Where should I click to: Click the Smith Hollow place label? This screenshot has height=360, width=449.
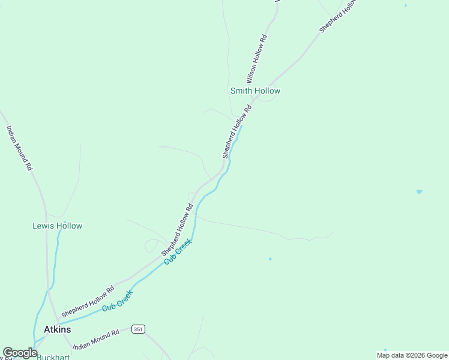click(x=255, y=91)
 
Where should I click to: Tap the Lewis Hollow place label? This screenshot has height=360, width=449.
click(x=57, y=226)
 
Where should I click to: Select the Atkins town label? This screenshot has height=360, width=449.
click(x=58, y=329)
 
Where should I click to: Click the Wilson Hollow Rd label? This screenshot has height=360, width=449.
click(x=256, y=59)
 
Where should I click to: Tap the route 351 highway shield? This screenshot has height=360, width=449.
click(x=139, y=329)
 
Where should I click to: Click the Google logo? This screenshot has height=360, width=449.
click(x=20, y=353)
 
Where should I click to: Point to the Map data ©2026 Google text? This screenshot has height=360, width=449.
click(x=411, y=355)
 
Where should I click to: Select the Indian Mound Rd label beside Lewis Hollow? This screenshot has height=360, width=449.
click(x=19, y=148)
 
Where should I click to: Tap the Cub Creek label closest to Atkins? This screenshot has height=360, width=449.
click(x=116, y=300)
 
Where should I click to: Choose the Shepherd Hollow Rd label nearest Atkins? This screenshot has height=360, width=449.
click(x=87, y=302)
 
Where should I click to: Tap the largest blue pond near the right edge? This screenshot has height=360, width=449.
click(x=419, y=191)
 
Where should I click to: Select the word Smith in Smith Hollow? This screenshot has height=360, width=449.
click(x=241, y=91)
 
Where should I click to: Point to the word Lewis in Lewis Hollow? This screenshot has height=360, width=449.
click(x=43, y=226)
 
